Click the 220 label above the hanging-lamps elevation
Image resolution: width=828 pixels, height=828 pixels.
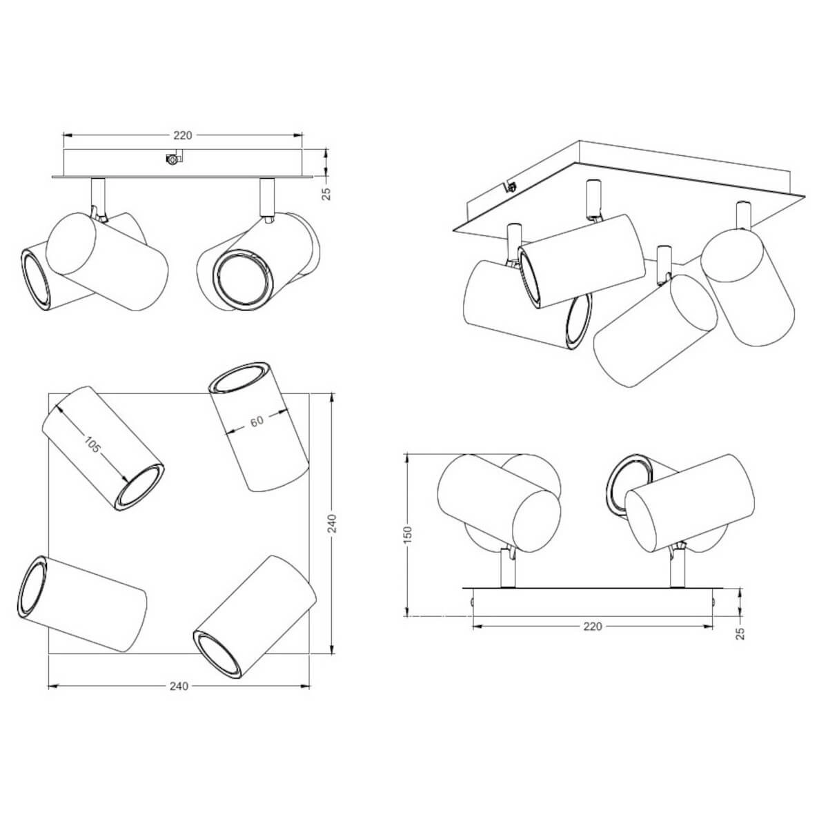tap(183, 135)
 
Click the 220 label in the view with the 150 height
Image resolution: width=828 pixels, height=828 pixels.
tap(593, 627)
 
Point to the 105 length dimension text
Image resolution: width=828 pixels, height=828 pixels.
tap(92, 445)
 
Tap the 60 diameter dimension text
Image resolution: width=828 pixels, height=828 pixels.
tap(257, 422)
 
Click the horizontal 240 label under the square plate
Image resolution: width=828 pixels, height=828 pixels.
tap(178, 686)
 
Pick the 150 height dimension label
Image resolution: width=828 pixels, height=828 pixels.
tap(408, 535)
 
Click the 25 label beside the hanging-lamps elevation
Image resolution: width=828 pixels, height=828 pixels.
tap(327, 194)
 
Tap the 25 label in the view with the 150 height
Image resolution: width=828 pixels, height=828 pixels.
tap(740, 633)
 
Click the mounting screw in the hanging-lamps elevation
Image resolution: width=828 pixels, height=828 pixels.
tap(172, 159)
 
